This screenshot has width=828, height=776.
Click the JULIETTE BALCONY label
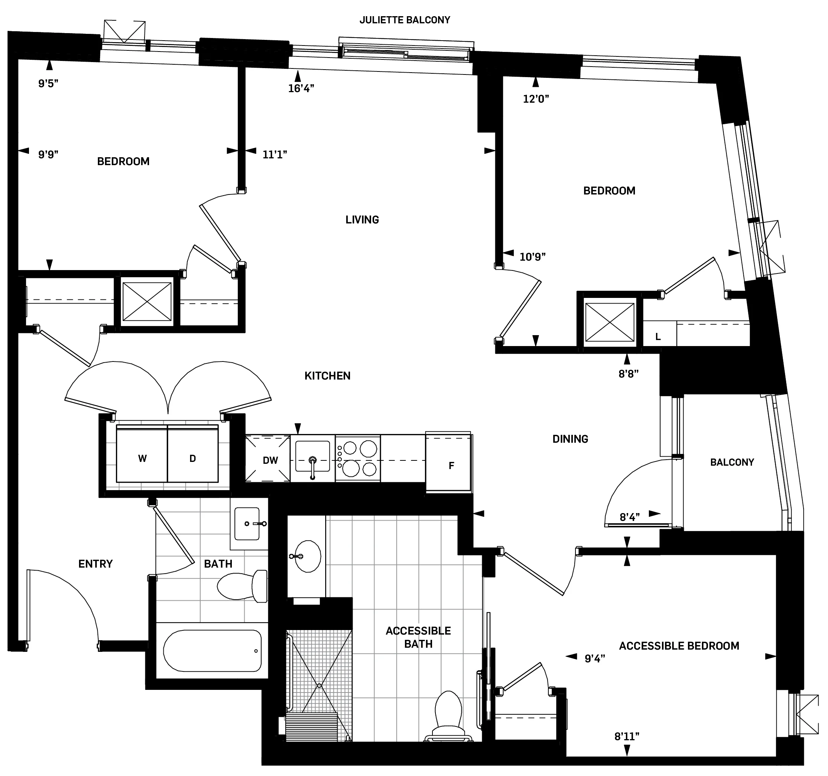(x=405, y=20)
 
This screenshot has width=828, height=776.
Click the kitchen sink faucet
(x=312, y=463)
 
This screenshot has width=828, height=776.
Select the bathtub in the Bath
(x=212, y=650)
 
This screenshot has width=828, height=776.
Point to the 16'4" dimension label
(x=301, y=88)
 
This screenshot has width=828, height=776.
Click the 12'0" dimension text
(x=536, y=99)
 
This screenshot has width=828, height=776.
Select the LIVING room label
(x=362, y=219)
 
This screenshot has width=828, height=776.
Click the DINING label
(x=570, y=439)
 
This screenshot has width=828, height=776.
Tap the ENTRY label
(x=95, y=564)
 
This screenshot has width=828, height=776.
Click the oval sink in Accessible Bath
(x=308, y=556)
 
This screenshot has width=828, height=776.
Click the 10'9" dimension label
(x=532, y=257)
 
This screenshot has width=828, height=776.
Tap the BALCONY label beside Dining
(x=732, y=462)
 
